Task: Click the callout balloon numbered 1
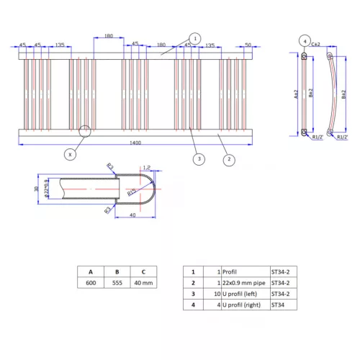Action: point(194,38)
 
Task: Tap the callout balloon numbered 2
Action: point(228,159)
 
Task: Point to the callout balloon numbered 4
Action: point(305,41)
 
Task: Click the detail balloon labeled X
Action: point(70,153)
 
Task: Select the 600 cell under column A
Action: point(91,284)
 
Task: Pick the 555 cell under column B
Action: point(117,284)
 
